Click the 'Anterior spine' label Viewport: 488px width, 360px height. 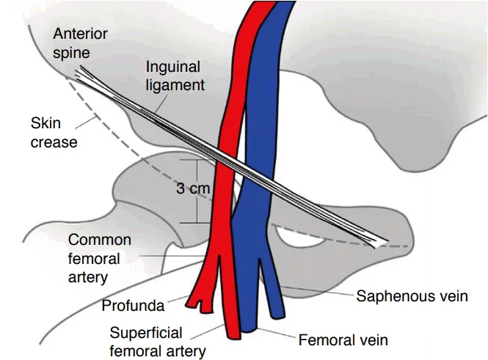coord(80,43)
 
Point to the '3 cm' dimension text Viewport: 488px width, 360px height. coord(193,188)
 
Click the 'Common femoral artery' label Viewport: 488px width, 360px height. coord(99,258)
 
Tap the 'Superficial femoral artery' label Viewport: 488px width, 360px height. coord(157,340)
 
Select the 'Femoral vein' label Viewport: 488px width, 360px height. coord(343,340)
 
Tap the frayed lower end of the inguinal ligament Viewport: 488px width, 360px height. coord(382,243)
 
